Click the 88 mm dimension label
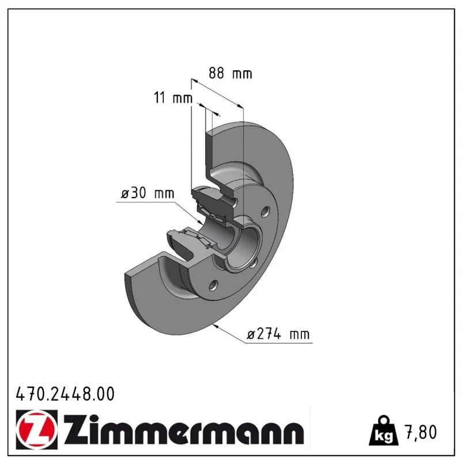click(x=230, y=73)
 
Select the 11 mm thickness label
click(x=173, y=97)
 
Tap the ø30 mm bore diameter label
click(x=148, y=193)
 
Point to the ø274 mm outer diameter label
click(x=278, y=334)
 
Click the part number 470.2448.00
click(x=65, y=394)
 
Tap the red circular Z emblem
click(x=37, y=429)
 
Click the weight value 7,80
click(x=421, y=432)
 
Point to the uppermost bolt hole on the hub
click(x=265, y=211)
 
